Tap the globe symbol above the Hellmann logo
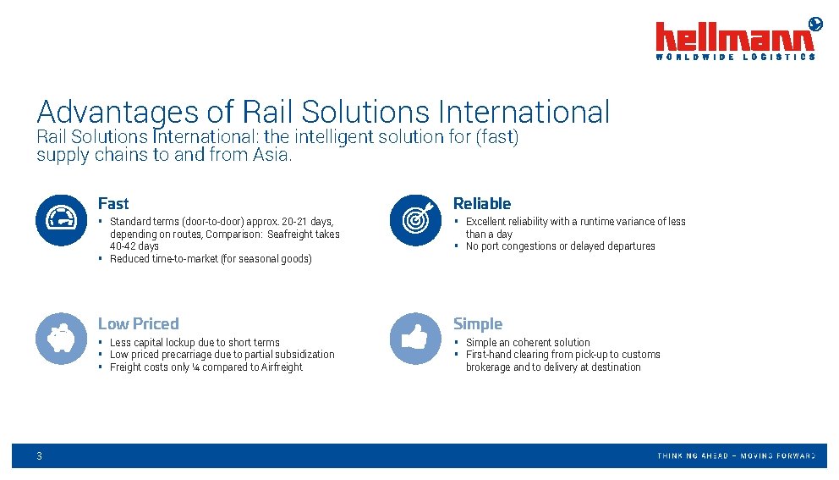[x=815, y=23]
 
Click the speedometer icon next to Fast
[x=60, y=220]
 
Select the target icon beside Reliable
[x=415, y=220]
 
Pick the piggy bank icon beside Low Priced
[x=60, y=339]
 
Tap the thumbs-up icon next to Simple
[x=415, y=339]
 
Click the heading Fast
[x=113, y=203]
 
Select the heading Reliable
[x=482, y=203]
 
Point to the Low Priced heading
[x=139, y=323]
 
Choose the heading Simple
[x=478, y=323]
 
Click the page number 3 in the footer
[x=39, y=456]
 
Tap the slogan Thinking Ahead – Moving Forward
[x=736, y=456]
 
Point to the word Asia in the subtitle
[x=271, y=154]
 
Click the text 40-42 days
[x=134, y=246]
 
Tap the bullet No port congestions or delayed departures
[x=560, y=246]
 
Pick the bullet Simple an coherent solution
[x=528, y=343]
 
